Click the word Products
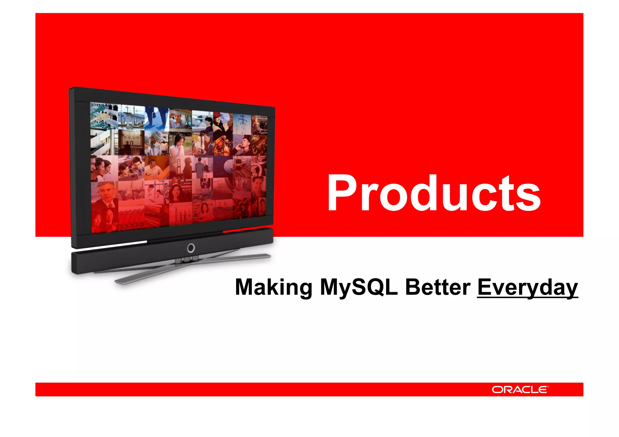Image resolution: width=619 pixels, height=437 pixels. [434, 193]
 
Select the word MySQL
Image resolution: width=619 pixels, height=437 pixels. [358, 287]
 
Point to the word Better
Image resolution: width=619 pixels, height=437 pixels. [437, 287]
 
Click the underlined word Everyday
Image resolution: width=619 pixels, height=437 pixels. [527, 288]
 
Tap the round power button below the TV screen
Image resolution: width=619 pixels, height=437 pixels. [191, 248]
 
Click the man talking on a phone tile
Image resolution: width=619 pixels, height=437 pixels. [242, 145]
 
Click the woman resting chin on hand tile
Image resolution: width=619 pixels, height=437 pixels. [180, 144]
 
